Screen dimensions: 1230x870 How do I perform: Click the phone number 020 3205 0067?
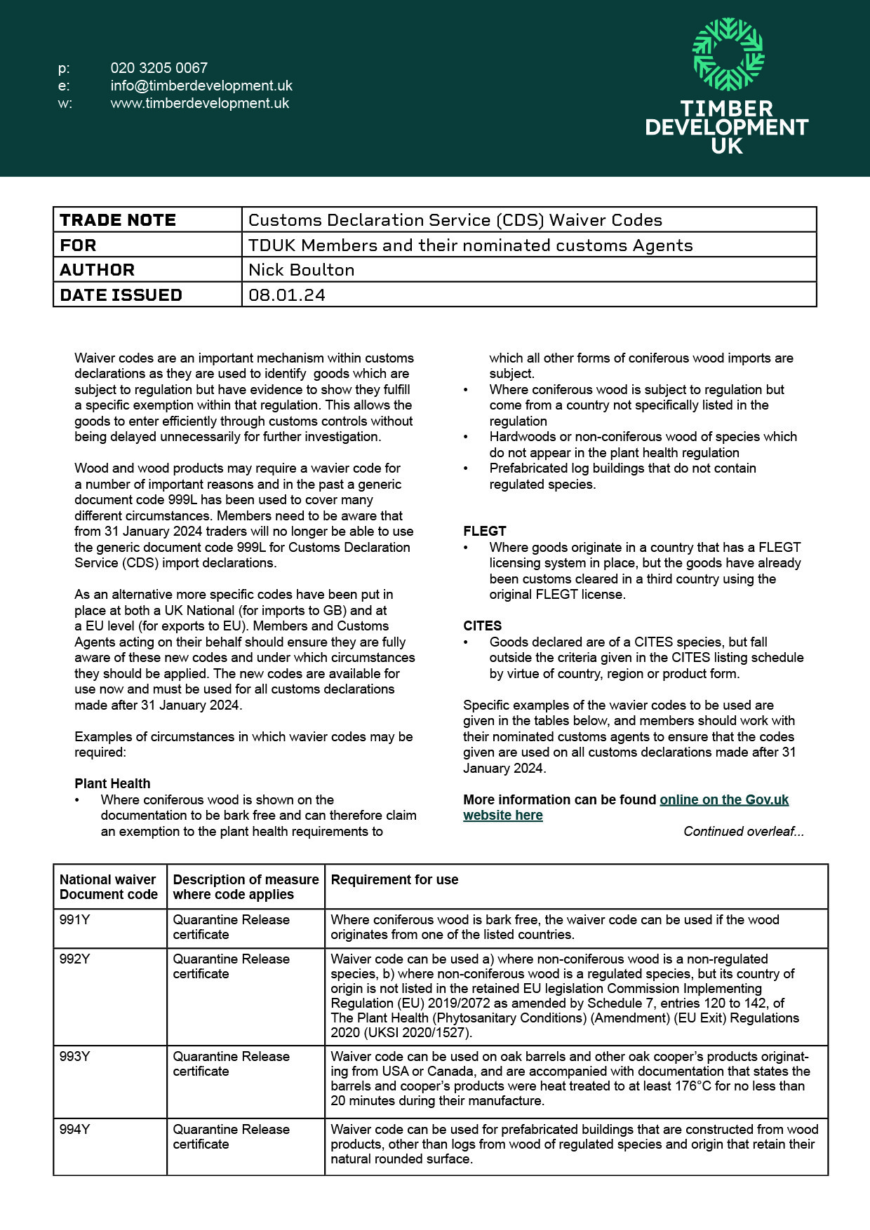[159, 68]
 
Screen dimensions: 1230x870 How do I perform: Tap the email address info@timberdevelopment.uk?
[201, 86]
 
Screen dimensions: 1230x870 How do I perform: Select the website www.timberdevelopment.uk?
[200, 103]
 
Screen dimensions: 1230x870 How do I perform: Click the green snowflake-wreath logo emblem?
[728, 54]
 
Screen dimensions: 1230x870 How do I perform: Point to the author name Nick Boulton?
[302, 270]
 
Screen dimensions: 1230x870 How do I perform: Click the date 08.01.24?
[287, 295]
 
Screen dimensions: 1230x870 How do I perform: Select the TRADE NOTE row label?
[118, 220]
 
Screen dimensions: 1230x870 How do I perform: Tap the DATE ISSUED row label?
[121, 295]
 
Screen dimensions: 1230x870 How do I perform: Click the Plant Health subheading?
[112, 784]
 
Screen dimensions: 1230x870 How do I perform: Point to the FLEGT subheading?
[485, 532]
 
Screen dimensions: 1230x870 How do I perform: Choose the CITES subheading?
[483, 626]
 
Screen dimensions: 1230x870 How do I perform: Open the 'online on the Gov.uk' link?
[724, 800]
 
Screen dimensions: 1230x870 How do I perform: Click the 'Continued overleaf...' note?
[744, 832]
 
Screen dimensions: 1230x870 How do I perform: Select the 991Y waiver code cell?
[75, 920]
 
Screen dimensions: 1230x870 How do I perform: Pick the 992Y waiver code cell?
[75, 959]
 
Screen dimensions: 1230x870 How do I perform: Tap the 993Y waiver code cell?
[75, 1057]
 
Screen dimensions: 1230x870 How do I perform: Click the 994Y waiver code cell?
[75, 1130]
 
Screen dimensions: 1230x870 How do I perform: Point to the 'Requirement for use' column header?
[394, 880]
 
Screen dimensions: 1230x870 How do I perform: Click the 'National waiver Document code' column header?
[109, 887]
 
